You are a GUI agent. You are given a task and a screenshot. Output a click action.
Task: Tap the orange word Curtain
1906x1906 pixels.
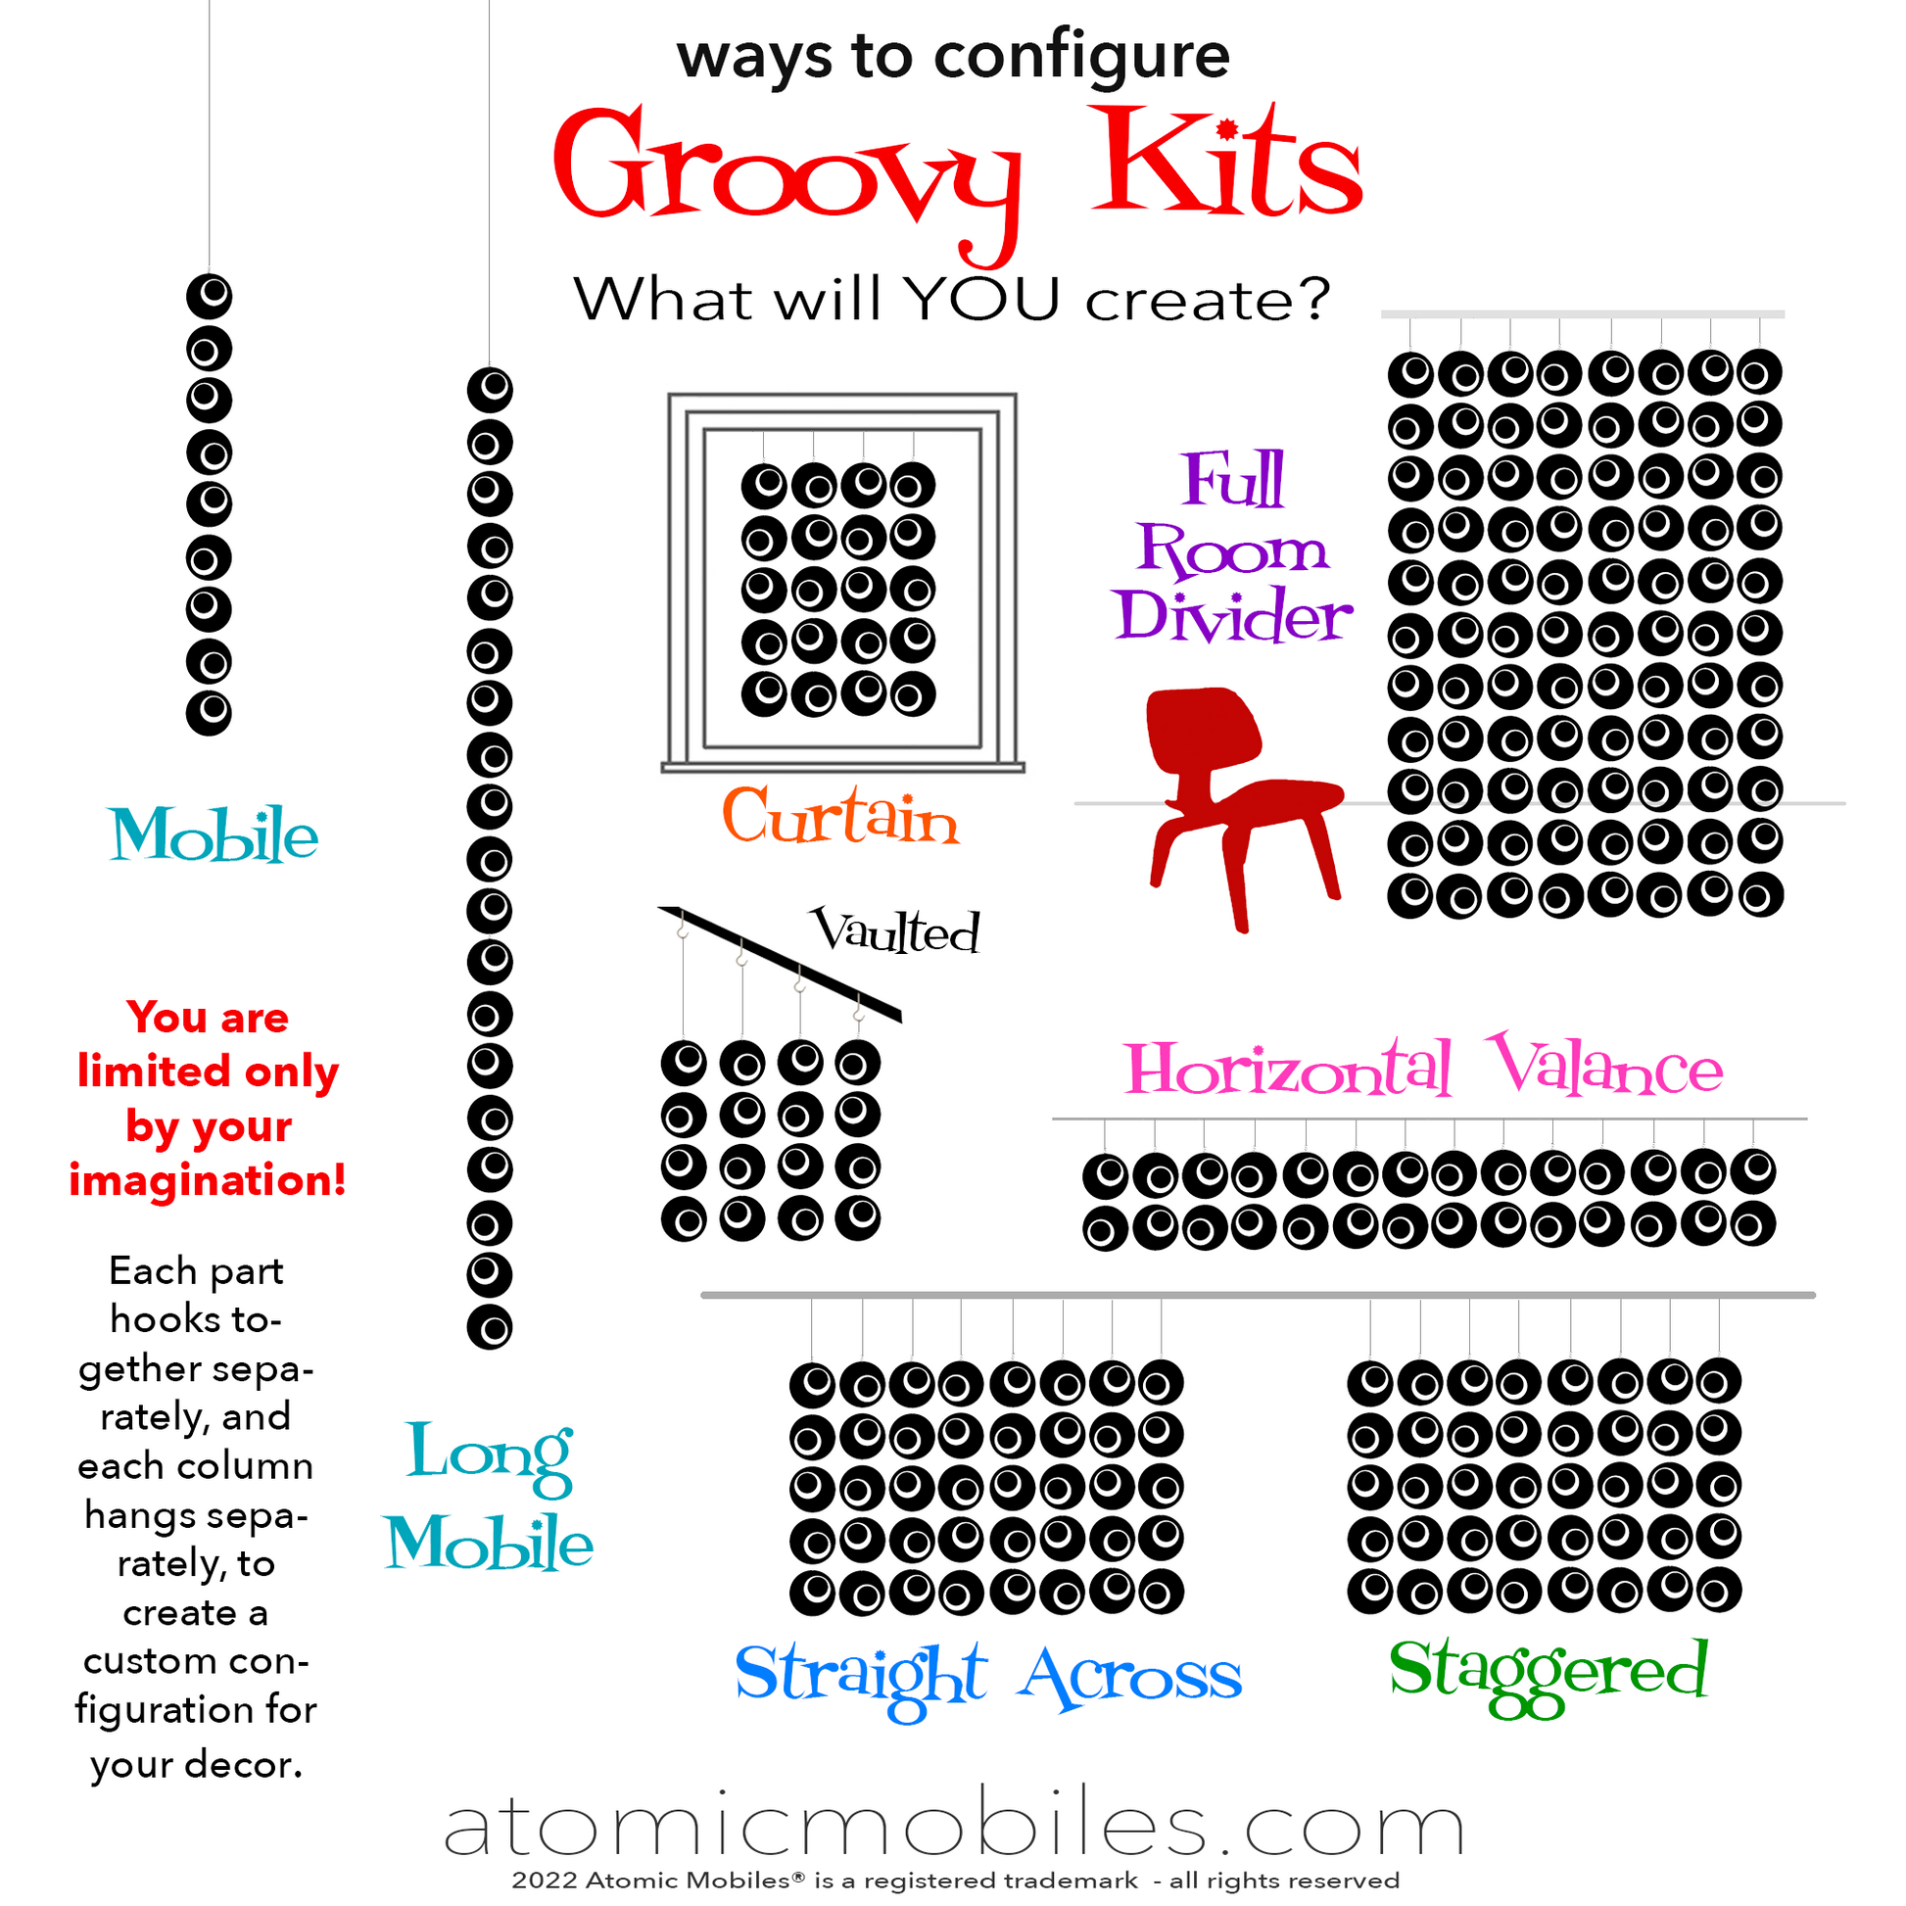840,817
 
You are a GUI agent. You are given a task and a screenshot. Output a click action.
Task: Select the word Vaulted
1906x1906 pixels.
895,929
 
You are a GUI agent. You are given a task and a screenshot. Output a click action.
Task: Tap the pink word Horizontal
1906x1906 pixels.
1288,1069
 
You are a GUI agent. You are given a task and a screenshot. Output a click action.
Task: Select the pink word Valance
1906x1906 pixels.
1606,1066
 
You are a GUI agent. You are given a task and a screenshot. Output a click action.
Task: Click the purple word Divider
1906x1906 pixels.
1232,616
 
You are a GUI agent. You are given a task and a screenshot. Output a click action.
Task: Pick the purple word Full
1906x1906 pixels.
1234,480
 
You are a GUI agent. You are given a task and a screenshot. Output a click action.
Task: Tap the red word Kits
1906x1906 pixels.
1227,161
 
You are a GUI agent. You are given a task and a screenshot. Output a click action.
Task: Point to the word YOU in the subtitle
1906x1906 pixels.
981,299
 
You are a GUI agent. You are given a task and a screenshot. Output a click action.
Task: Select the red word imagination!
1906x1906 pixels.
208,1180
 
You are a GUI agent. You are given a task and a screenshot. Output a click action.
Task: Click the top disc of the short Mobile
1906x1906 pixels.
210,296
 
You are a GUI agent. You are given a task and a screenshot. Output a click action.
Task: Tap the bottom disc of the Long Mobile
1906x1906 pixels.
490,1327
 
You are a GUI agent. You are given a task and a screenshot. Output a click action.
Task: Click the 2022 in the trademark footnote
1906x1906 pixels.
545,1881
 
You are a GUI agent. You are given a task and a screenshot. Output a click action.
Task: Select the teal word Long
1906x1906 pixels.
490,1455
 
